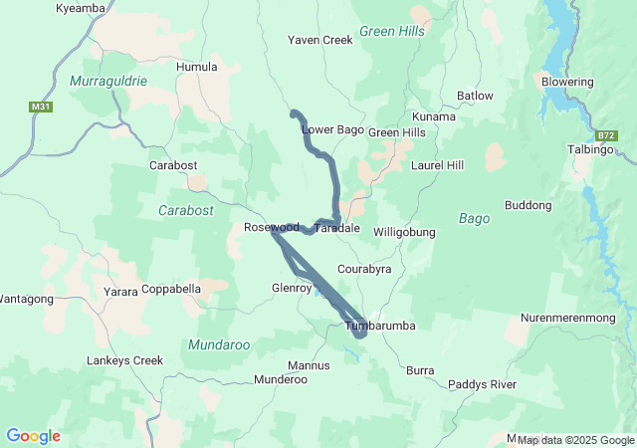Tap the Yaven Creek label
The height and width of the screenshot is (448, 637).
coord(320,41)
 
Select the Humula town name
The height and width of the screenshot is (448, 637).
coord(196,67)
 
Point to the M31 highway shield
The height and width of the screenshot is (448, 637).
coord(41,106)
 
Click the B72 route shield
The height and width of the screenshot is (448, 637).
coord(607,133)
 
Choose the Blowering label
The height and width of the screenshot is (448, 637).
coord(567,82)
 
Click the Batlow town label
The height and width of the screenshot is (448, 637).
coord(475,96)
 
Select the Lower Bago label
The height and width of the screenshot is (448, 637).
coord(332,129)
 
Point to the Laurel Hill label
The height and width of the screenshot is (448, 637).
coord(437,164)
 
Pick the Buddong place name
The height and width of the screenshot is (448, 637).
coord(528,206)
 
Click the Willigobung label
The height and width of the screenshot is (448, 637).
coord(404,232)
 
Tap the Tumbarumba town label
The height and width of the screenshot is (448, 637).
coord(379,326)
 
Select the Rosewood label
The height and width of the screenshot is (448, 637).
coord(271,228)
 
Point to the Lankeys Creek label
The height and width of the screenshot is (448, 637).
coord(124,360)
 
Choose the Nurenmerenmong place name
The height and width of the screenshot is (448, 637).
coord(574,319)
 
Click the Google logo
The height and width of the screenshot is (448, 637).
coord(33,436)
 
